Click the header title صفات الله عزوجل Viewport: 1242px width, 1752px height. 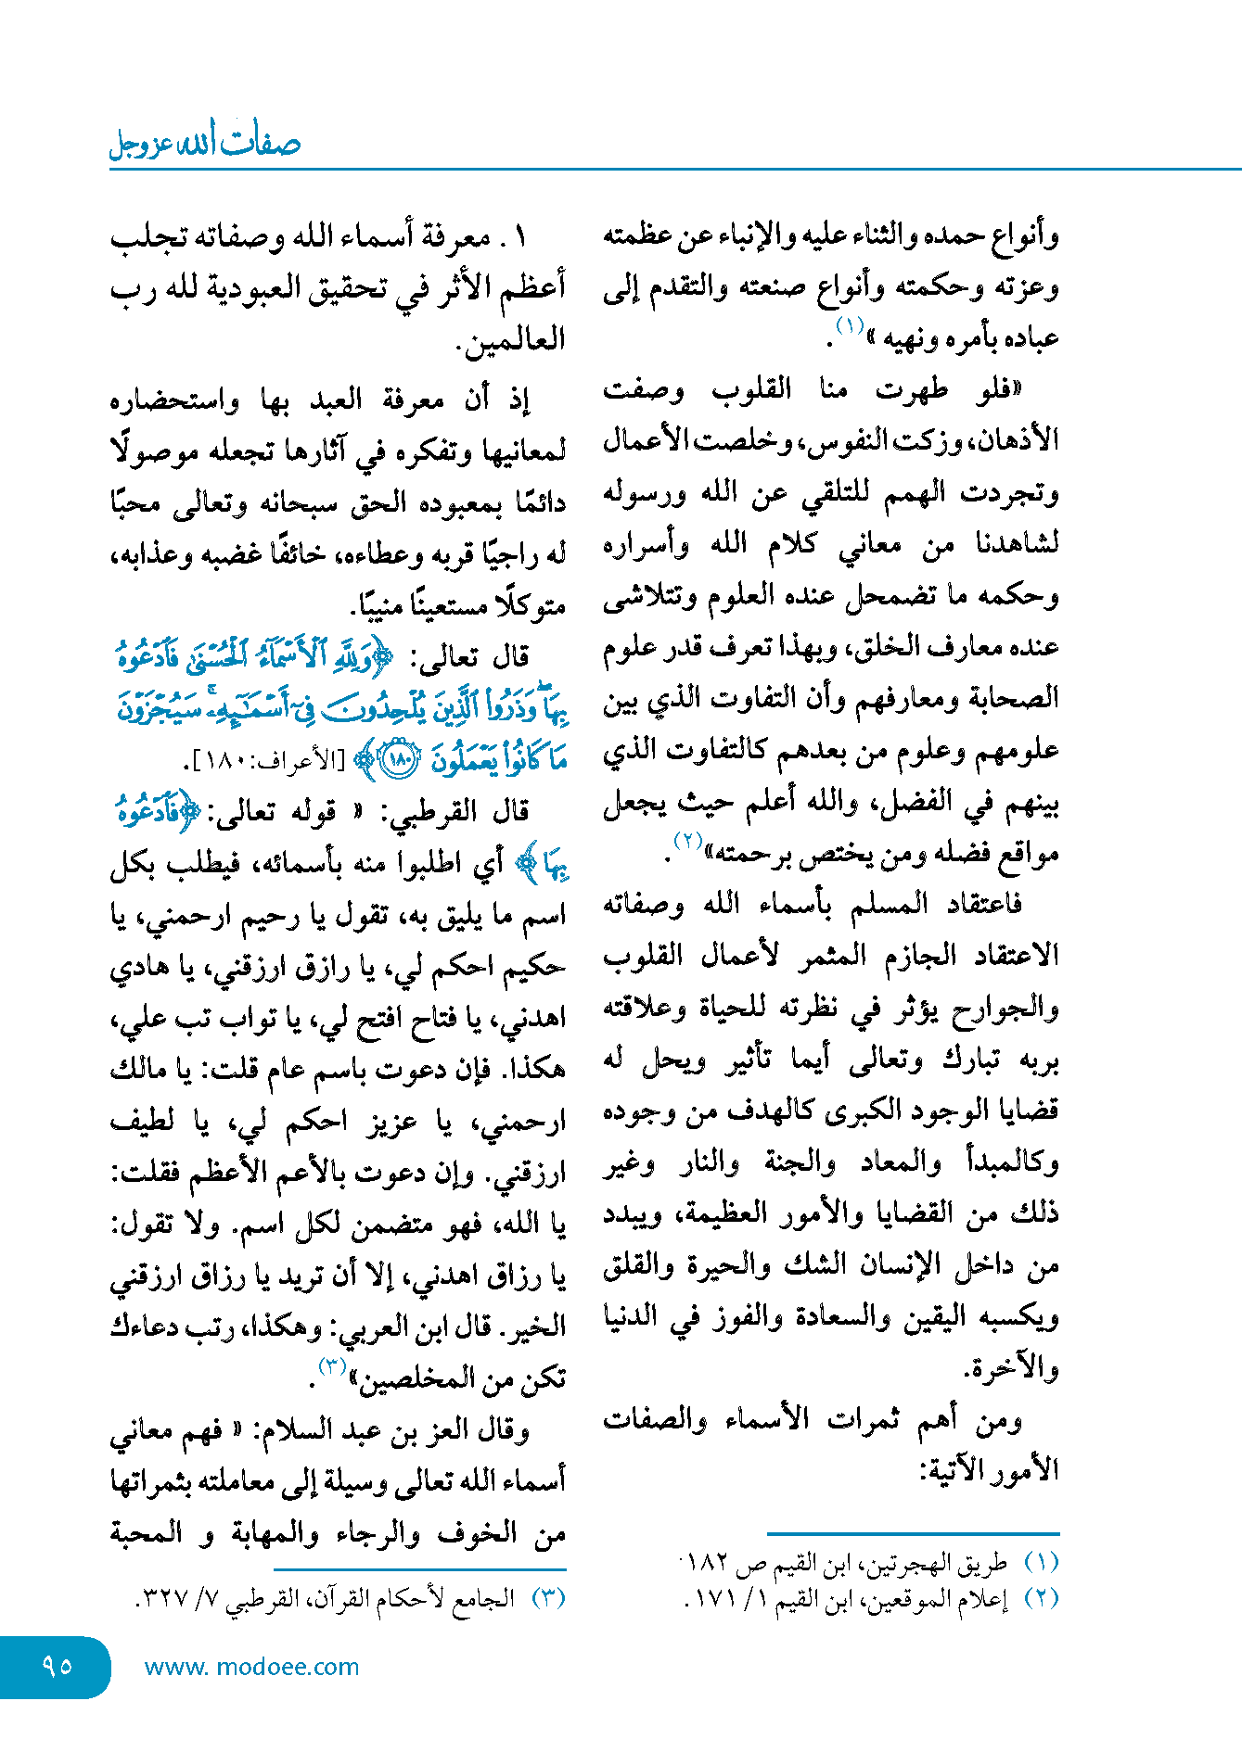205,143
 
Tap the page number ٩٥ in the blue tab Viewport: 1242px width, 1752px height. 57,1666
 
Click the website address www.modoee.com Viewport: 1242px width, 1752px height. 251,1667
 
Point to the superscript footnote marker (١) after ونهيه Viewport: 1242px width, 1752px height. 851,325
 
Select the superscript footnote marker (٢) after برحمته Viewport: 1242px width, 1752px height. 687,841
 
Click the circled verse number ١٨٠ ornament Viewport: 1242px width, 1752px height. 401,761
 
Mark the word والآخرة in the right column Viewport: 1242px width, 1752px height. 1010,1368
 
